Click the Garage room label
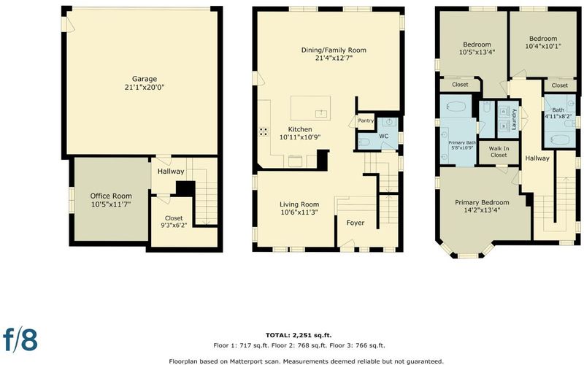[145, 79]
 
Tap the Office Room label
[111, 196]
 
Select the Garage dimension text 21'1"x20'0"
[145, 88]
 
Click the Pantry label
[366, 120]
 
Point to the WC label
[384, 137]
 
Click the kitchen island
[311, 108]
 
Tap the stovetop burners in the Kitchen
[264, 131]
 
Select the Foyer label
[356, 223]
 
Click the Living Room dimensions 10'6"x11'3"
[299, 212]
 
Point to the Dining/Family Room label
[334, 50]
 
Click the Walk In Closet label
[499, 152]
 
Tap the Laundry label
[514, 119]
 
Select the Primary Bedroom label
[482, 203]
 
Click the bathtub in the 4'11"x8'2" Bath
[560, 140]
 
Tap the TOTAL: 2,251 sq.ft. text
[299, 335]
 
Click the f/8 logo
[20, 339]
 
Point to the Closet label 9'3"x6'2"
[174, 222]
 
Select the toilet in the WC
[364, 142]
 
